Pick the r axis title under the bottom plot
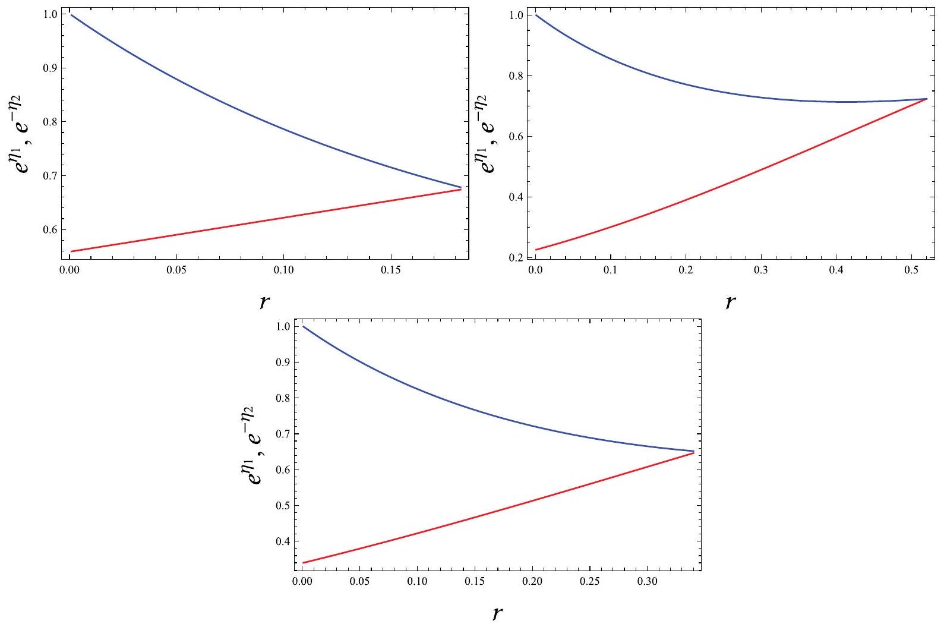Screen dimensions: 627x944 (497, 612)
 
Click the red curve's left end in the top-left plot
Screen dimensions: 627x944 (71, 251)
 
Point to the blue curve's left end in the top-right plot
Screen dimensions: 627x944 (536, 15)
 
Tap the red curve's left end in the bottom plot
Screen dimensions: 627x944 (302, 562)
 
